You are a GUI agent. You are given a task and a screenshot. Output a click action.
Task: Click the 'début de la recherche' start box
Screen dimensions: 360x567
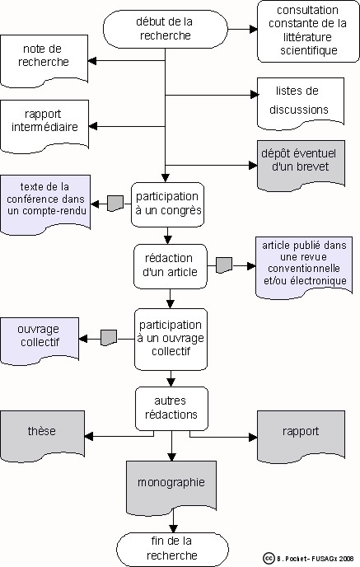166,29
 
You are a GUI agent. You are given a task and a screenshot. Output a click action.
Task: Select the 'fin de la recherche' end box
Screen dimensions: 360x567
172,549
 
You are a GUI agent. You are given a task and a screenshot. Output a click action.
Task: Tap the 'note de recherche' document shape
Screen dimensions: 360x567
44,61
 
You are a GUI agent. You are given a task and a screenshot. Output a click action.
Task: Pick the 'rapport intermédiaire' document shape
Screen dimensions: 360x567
44,126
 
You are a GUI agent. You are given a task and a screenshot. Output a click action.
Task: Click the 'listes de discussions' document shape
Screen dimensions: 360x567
301,103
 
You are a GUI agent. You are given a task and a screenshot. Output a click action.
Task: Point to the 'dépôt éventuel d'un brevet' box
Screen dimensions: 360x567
301,166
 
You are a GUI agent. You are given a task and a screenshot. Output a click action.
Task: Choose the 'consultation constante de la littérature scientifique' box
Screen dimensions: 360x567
308,31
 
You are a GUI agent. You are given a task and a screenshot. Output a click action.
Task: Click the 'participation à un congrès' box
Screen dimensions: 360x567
168,204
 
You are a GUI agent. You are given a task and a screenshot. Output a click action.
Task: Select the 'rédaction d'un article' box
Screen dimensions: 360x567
171,266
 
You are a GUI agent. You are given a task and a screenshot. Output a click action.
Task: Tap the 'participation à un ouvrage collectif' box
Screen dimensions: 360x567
171,340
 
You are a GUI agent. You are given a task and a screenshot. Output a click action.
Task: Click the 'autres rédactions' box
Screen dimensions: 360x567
171,409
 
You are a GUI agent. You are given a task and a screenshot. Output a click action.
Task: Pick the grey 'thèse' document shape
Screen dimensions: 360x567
42,436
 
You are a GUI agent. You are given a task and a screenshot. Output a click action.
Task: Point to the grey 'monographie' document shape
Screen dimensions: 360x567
171,487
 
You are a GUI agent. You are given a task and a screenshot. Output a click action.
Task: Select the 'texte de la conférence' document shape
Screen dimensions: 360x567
45,204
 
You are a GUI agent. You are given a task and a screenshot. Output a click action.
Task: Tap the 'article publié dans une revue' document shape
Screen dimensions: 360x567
304,268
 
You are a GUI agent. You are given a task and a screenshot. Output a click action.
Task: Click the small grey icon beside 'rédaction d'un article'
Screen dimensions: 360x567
224,265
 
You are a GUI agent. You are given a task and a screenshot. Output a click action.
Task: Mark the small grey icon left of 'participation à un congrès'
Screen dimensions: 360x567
115,204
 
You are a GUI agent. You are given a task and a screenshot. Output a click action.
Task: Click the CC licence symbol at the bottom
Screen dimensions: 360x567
269,558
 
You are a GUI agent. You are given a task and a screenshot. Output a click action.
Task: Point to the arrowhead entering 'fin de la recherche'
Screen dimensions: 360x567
173,528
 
